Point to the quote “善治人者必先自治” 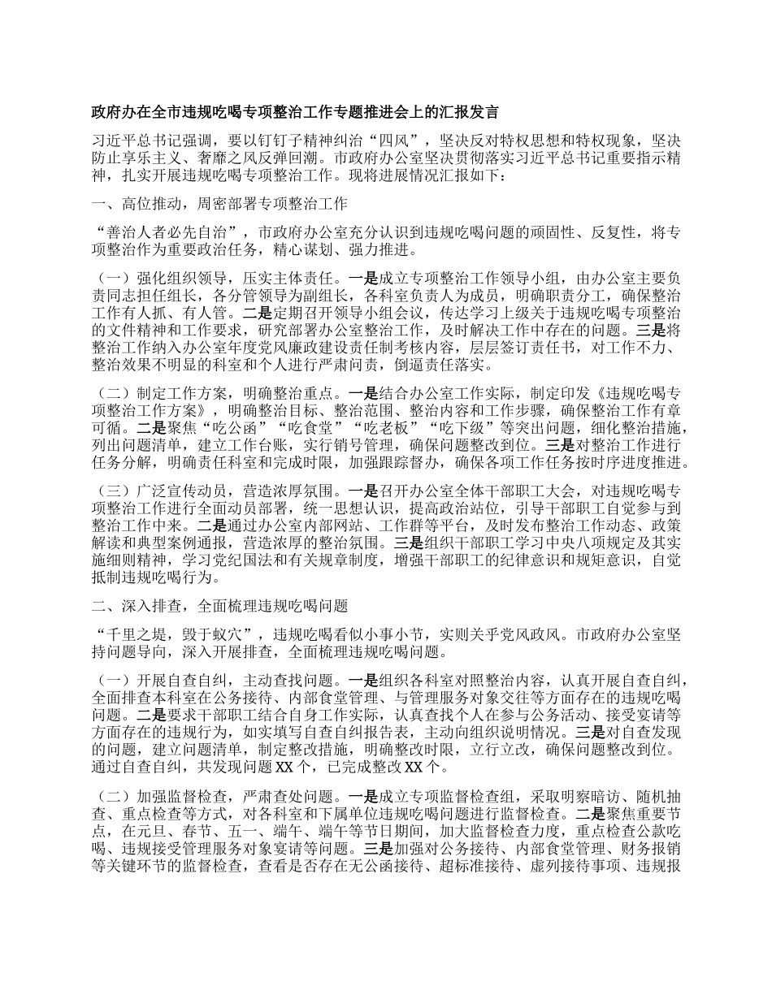point(171,232)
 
